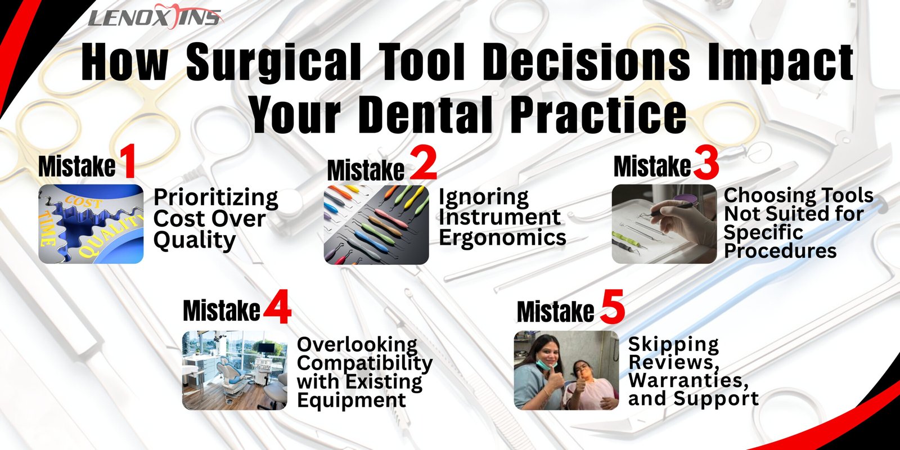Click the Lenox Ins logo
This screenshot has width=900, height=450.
tap(155, 16)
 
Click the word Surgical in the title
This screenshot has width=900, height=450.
tap(273, 63)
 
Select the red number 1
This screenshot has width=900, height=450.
tap(127, 161)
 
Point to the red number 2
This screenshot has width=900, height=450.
tap(423, 163)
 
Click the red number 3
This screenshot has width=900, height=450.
tap(705, 164)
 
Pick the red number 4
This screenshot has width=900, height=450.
tap(277, 307)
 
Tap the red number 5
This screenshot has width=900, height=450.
tap(613, 307)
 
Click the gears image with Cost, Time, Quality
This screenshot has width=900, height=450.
tap(91, 224)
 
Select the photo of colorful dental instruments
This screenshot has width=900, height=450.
tap(376, 224)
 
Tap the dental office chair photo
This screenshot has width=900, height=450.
tap(235, 370)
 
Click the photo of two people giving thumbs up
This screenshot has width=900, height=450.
tap(566, 370)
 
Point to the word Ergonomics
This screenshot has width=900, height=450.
tap(502, 237)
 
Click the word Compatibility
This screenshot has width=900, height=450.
tap(365, 363)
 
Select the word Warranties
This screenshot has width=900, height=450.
tap(688, 380)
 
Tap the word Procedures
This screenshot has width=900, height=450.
tap(780, 251)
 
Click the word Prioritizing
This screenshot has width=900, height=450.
tap(216, 198)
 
